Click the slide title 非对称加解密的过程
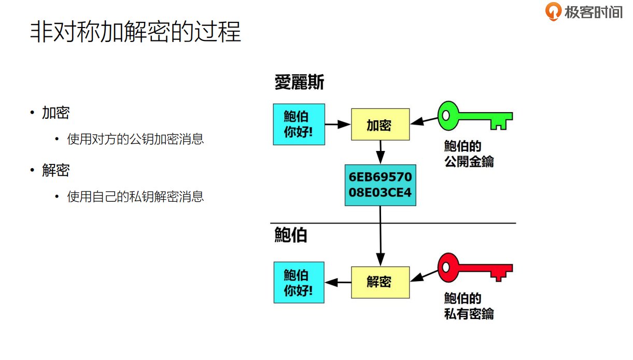[136, 32]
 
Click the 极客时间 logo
[584, 11]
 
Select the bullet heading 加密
[56, 113]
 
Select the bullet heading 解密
[56, 170]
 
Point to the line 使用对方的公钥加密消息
[135, 139]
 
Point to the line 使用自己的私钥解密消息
[135, 197]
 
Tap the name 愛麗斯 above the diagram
[299, 82]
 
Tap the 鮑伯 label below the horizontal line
[291, 235]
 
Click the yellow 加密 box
[380, 124]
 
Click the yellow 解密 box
[380, 282]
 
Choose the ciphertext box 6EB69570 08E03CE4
[380, 185]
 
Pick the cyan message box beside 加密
[299, 124]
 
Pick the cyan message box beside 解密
[299, 282]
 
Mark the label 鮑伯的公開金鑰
[469, 154]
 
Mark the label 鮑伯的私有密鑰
[469, 306]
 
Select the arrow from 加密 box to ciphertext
[380, 152]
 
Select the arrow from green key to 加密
[424, 121]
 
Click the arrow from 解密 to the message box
[338, 282]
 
